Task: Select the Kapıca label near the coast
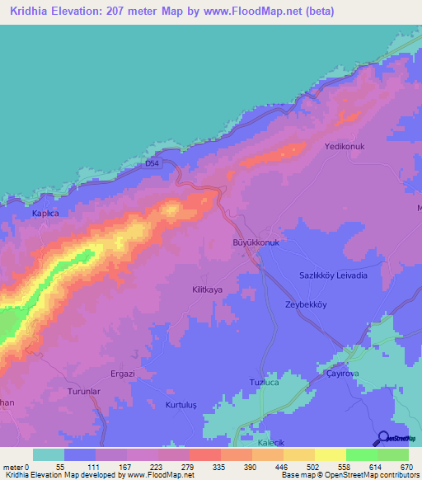(x=45, y=213)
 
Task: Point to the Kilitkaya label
(x=208, y=289)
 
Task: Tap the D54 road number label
(x=152, y=164)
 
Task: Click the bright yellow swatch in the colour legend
(x=331, y=454)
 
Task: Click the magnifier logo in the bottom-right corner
(x=382, y=438)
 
